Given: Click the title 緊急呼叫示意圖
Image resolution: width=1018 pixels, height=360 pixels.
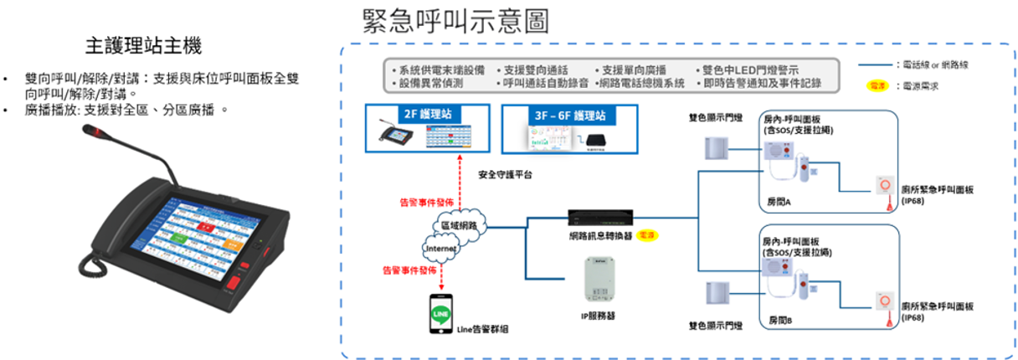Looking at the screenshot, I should tap(456, 20).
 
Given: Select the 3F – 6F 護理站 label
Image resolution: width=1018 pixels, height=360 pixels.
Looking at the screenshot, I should tap(569, 114).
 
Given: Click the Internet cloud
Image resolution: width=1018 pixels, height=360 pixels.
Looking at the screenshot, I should tap(440, 249).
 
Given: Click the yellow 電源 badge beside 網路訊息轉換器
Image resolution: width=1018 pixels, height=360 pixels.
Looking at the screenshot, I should tap(647, 235).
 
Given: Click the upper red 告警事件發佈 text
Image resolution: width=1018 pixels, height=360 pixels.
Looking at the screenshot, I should tap(426, 203).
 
